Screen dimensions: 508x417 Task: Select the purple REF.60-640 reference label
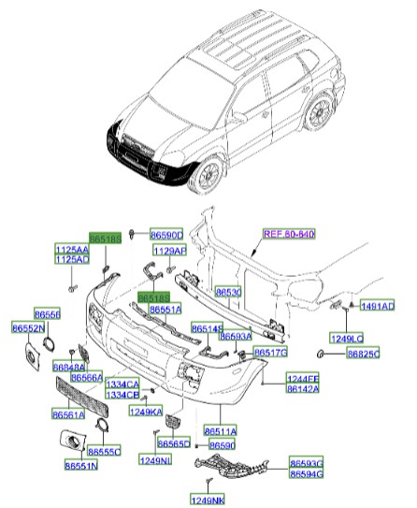[x=289, y=235]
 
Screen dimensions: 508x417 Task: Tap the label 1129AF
[x=169, y=251]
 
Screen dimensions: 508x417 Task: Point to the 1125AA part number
[x=71, y=250]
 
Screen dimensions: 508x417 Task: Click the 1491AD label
[x=377, y=306]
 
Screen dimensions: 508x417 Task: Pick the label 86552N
[x=29, y=329]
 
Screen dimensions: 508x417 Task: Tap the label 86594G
[x=306, y=474]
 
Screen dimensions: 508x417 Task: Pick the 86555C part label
[x=105, y=451]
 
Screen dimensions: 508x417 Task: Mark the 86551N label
[x=80, y=466]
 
